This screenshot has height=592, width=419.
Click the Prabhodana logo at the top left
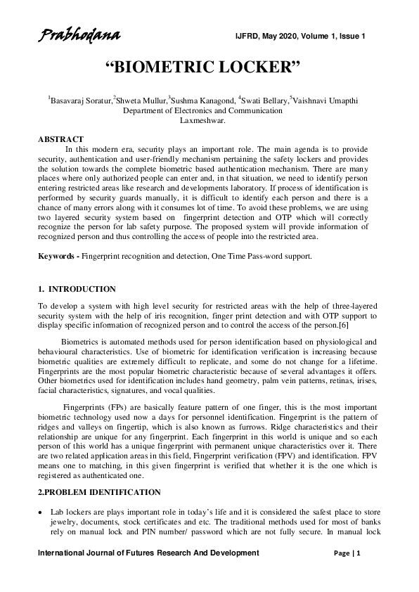[79, 35]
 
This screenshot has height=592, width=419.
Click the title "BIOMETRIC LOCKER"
[202, 67]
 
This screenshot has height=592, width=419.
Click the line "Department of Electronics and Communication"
[203, 110]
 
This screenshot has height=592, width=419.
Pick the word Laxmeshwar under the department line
[202, 120]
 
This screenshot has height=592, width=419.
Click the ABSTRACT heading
[60, 139]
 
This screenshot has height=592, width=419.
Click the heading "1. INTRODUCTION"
[77, 289]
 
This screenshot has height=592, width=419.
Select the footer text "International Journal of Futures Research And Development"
[148, 554]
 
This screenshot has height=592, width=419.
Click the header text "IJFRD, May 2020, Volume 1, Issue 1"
[300, 36]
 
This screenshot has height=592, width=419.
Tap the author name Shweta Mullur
[141, 101]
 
